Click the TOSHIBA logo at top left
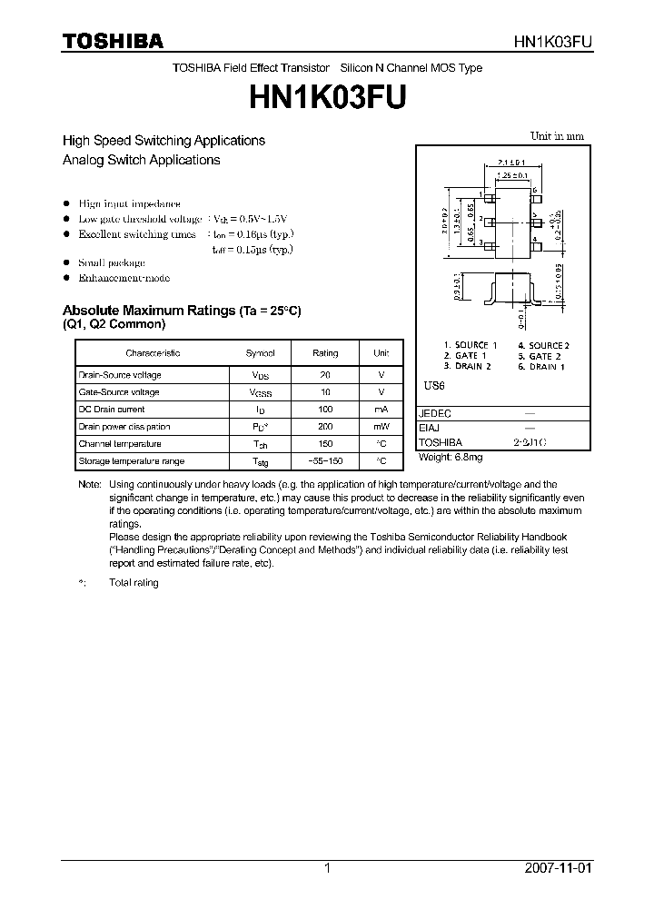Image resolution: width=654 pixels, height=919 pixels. pyautogui.click(x=113, y=41)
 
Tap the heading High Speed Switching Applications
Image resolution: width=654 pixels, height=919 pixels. pyautogui.click(x=163, y=141)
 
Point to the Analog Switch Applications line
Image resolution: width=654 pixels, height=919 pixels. pyautogui.click(x=141, y=160)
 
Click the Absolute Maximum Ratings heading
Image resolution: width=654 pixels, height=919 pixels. pyautogui.click(x=181, y=310)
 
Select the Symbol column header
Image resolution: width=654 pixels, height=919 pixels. pyautogui.click(x=261, y=352)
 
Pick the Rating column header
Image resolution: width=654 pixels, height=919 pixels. pyautogui.click(x=325, y=352)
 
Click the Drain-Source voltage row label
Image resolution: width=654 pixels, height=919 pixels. pyautogui.click(x=119, y=375)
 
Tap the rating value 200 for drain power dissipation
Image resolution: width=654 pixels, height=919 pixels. pyautogui.click(x=325, y=427)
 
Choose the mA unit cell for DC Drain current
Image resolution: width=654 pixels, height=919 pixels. pyautogui.click(x=381, y=410)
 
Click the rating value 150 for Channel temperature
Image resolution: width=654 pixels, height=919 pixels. pyautogui.click(x=325, y=444)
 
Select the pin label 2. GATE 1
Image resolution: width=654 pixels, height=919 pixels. pyautogui.click(x=465, y=356)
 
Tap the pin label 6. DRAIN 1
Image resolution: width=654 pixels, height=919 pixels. pyautogui.click(x=541, y=366)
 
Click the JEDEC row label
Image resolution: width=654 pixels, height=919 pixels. pyautogui.click(x=434, y=412)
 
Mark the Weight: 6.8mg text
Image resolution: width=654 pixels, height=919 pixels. pyautogui.click(x=451, y=457)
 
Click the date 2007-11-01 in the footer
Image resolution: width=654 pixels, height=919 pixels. pyautogui.click(x=559, y=868)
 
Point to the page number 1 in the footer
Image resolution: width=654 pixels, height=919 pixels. pyautogui.click(x=327, y=868)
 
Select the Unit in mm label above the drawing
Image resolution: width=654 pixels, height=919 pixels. pyautogui.click(x=557, y=136)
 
